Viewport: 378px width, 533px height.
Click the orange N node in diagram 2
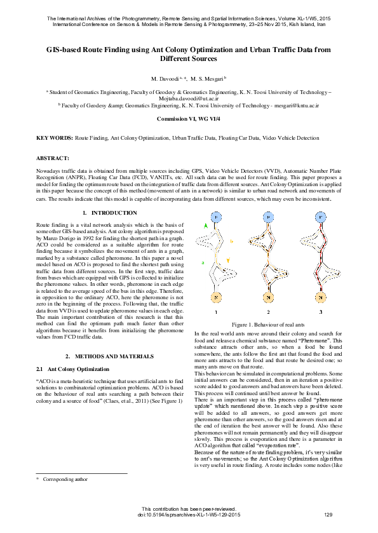268,297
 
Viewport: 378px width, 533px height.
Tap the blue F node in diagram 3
321,218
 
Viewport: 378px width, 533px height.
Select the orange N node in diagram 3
321,297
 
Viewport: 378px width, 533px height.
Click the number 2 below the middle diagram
268,313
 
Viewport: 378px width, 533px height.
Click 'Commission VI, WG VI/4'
189,119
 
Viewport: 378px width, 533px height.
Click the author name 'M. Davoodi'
164,78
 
